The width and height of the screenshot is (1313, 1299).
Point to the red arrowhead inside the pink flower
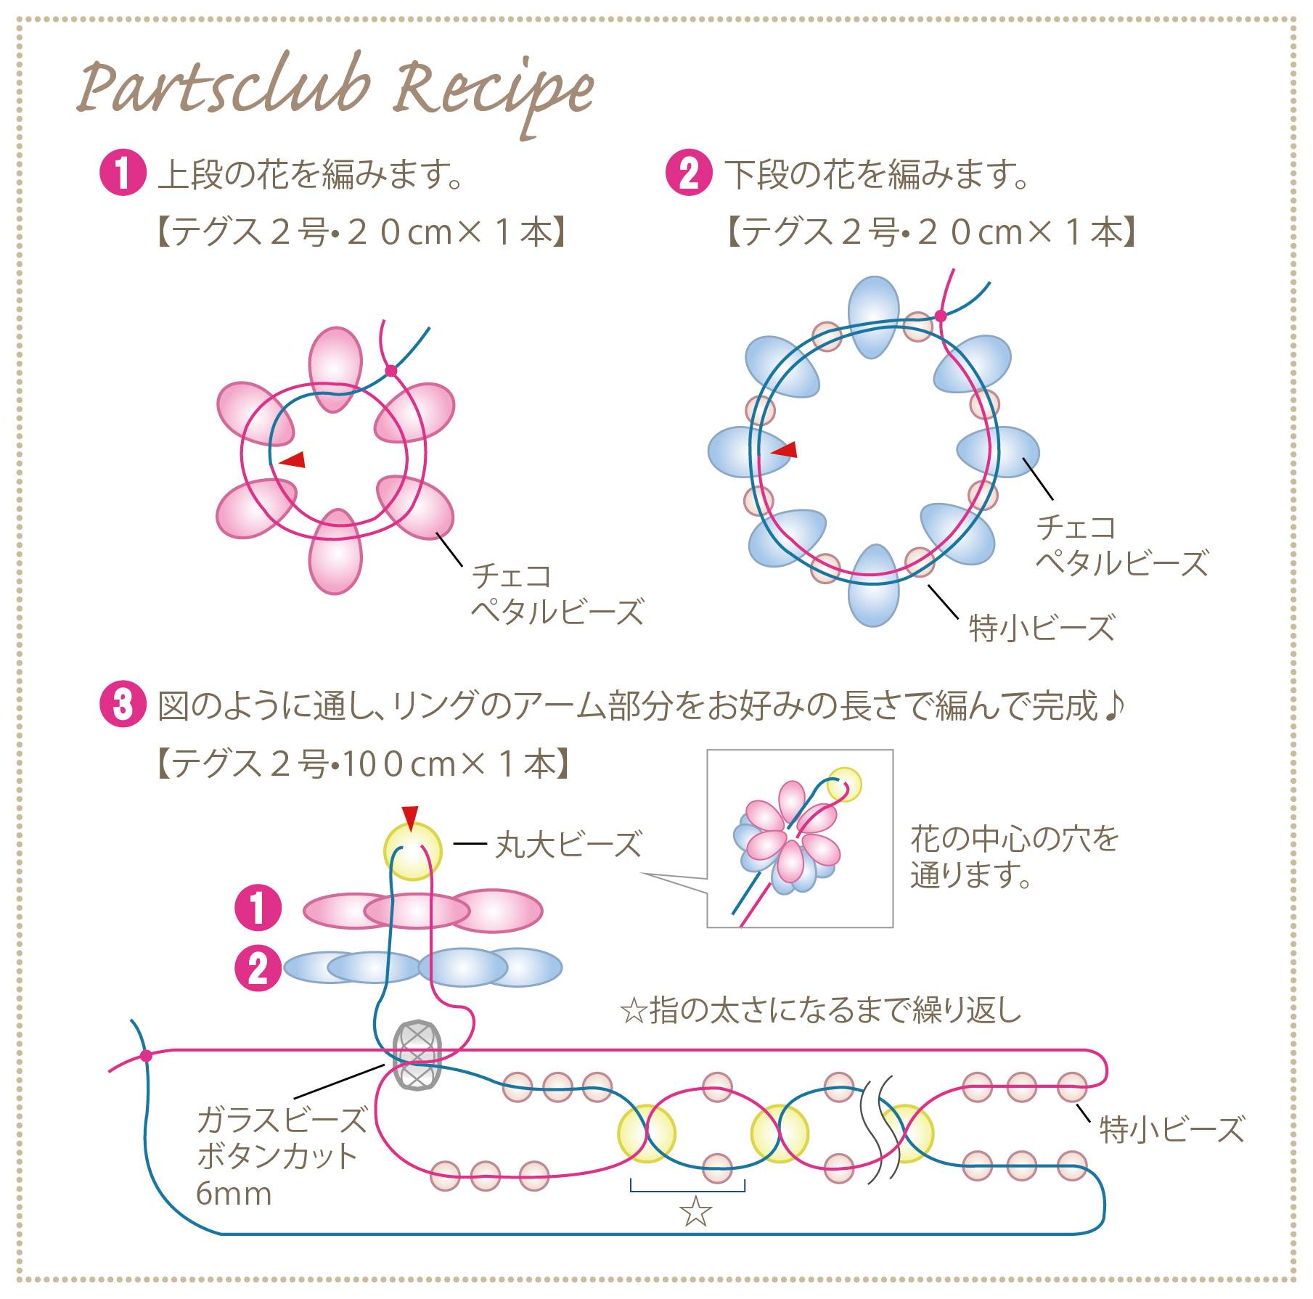[x=293, y=459]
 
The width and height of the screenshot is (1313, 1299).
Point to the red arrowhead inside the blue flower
[x=784, y=450]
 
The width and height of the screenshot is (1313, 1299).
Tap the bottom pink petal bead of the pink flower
[x=335, y=552]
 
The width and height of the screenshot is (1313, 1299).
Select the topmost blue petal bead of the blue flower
[x=875, y=317]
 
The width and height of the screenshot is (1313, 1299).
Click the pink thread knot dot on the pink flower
[x=391, y=371]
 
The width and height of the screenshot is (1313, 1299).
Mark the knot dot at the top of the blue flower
[x=941, y=316]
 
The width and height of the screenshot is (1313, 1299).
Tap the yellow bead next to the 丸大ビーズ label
[x=412, y=851]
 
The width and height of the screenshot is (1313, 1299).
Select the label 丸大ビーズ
[x=568, y=845]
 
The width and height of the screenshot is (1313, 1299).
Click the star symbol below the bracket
[x=695, y=1211]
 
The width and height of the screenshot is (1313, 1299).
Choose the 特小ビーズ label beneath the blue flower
[x=1042, y=628]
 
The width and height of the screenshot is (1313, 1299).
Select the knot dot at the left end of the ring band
[x=146, y=1055]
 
